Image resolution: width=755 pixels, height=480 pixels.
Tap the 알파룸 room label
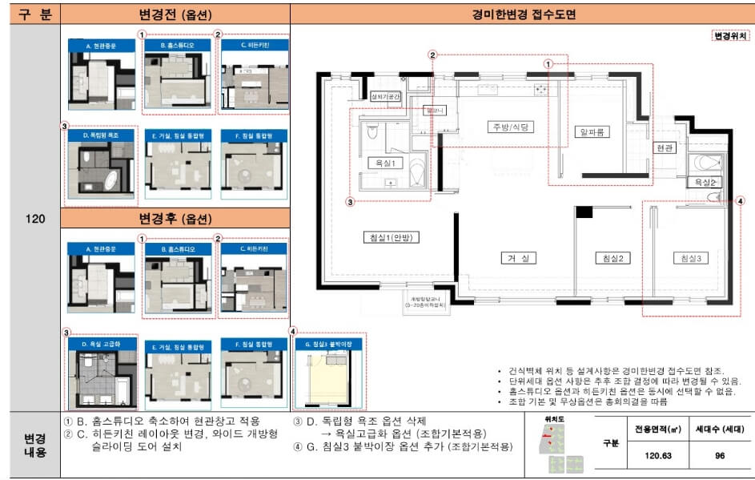tap(589, 131)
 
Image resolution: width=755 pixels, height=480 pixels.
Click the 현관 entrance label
tap(665, 148)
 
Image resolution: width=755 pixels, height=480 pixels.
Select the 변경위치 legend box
tap(730, 36)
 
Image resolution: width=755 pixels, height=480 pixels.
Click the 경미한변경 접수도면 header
tap(523, 14)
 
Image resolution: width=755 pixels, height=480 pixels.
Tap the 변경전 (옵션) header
tap(175, 14)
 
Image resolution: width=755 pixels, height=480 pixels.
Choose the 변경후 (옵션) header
tap(175, 219)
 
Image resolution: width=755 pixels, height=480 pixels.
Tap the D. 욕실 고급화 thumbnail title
tap(102, 344)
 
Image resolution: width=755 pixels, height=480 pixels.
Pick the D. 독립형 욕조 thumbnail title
tap(102, 136)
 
